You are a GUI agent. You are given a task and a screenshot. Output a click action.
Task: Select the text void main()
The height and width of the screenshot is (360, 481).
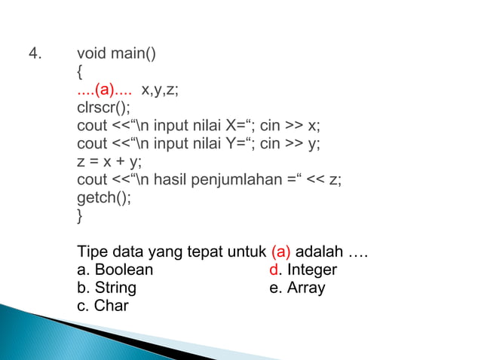coord(116,55)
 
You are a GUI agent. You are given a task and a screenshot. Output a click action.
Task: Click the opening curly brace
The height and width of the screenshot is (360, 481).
coord(80,73)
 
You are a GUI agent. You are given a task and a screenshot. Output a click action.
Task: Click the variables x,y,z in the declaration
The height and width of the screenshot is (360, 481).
coord(161,91)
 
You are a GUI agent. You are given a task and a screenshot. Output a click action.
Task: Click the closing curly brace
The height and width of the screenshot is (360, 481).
coord(80,217)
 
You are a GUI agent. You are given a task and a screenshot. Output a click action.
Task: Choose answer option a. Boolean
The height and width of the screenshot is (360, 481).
coord(115,270)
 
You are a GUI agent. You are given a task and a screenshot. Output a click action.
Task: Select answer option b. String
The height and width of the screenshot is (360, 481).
coord(106,288)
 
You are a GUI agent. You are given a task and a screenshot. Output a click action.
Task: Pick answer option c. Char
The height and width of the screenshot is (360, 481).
coord(103,306)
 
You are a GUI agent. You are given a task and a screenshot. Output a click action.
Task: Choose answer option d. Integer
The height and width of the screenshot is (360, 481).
coord(303,270)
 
